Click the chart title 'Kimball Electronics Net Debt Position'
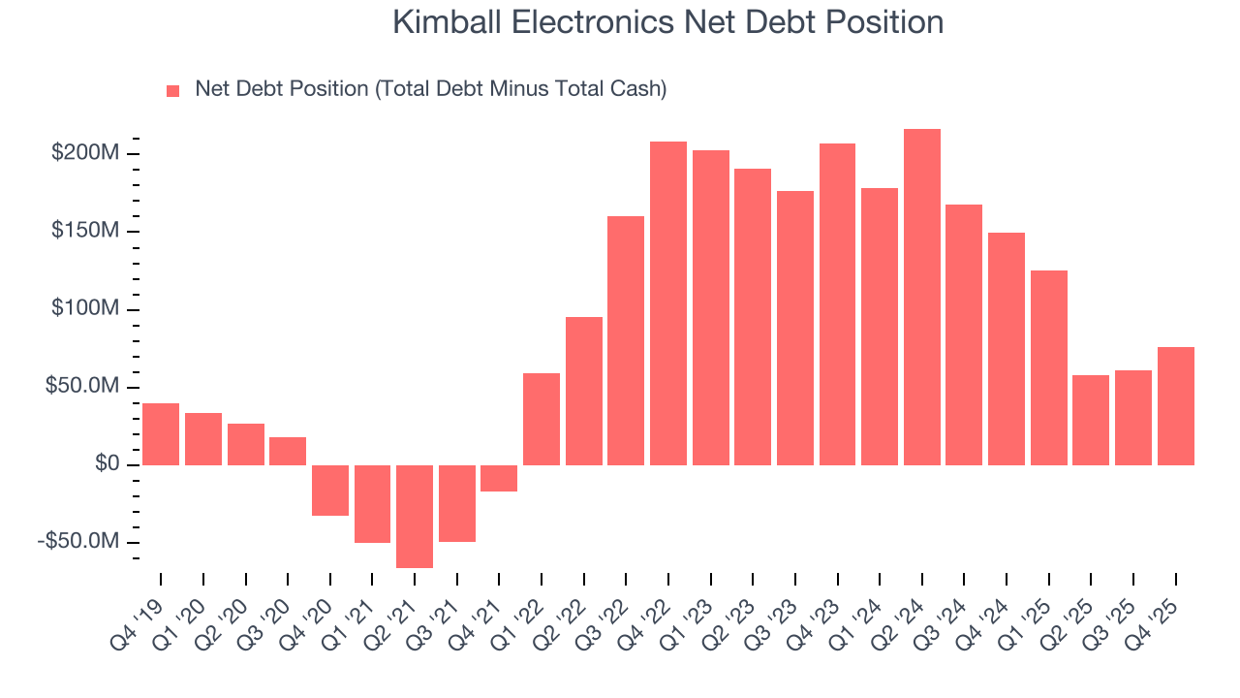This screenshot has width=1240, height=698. pos(667,22)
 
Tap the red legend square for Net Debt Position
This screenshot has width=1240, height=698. pos(173,90)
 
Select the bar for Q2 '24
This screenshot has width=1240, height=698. pos(921,297)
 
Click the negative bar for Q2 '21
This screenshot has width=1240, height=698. pos(415,516)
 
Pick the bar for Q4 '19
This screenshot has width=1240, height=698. pos(161,433)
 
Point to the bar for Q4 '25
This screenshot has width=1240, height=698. pos(1175,405)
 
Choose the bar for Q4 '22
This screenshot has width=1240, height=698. pos(668,302)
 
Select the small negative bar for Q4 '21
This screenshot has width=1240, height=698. pos(499,478)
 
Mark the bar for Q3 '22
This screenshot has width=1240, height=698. pos(626,340)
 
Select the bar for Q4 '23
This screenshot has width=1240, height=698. pos(837,303)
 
